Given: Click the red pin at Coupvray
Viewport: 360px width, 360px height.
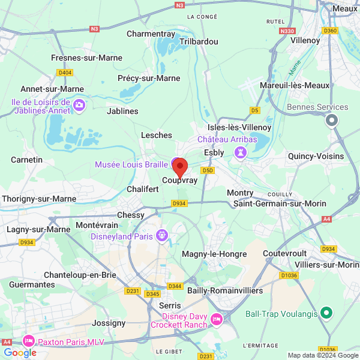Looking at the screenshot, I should click(180, 167).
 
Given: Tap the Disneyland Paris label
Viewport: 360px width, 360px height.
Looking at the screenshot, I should click(122, 236).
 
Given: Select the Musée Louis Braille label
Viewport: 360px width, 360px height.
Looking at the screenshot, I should click(131, 164).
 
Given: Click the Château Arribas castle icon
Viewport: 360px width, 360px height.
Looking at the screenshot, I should click(241, 152).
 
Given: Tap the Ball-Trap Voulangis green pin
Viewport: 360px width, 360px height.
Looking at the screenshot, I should click(326, 313).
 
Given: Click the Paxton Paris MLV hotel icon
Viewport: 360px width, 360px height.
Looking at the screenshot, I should click(28, 341).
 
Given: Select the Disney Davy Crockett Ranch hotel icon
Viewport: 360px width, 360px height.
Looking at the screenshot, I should click(216, 319).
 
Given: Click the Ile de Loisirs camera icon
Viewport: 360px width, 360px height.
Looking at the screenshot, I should click(79, 106).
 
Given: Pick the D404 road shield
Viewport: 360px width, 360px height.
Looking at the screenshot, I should click(65, 73).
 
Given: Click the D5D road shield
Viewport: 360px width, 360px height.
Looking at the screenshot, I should click(208, 170).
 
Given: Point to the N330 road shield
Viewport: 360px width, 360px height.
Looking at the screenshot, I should click(288, 31).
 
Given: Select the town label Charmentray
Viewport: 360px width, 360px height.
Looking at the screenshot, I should click(151, 34).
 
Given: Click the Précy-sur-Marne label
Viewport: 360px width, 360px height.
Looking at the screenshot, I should click(149, 78).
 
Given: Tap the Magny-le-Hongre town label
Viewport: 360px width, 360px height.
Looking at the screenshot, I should click(214, 254).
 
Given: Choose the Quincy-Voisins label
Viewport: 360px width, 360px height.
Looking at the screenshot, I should click(316, 156).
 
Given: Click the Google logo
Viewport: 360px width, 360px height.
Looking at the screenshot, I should click(20, 353).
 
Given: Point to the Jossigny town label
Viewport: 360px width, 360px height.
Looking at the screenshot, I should click(109, 322).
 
